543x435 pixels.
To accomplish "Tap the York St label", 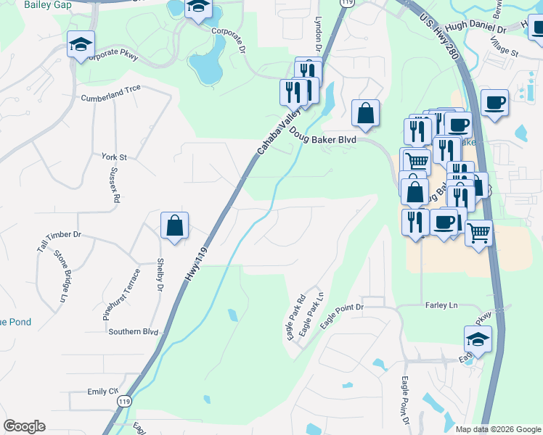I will coord(115,157).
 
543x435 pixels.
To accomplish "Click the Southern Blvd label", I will coord(133,331).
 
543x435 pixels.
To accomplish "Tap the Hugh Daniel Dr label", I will coord(475,30).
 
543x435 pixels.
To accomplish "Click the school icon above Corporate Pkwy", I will coord(81,44).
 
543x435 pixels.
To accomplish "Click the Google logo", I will coord(24,426).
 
